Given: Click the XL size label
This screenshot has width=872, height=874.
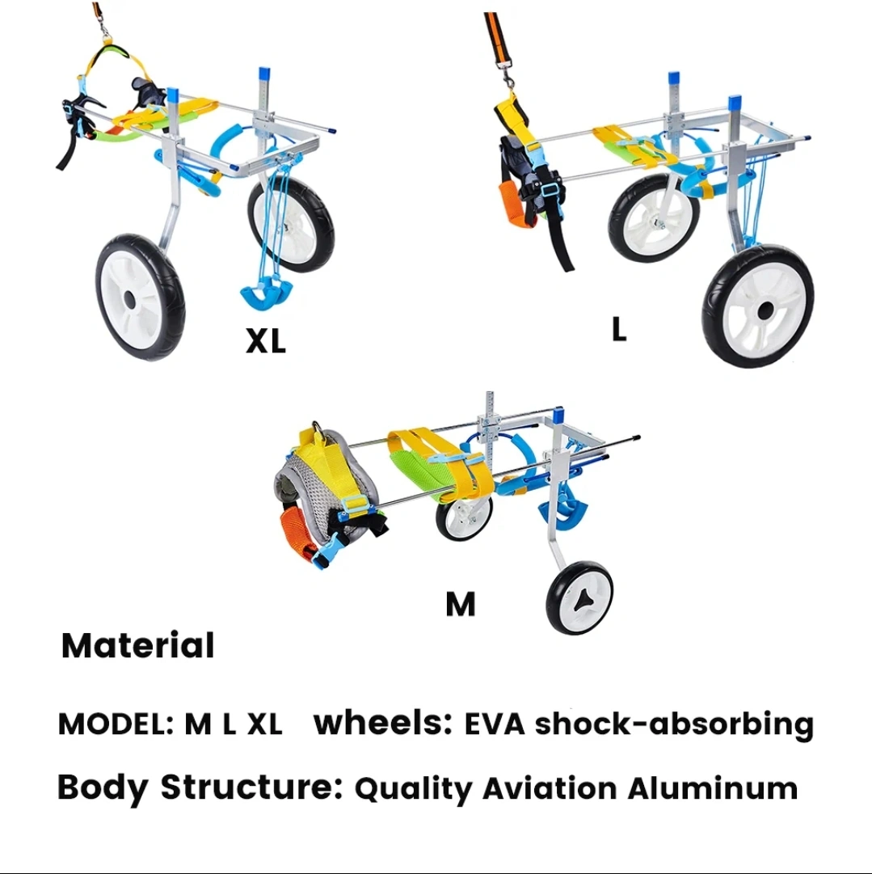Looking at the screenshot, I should (x=266, y=341).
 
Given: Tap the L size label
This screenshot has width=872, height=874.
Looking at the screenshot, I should (x=619, y=329).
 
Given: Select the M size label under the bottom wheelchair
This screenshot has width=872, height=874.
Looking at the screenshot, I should (x=460, y=604).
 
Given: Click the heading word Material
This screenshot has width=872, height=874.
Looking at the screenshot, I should (x=138, y=646).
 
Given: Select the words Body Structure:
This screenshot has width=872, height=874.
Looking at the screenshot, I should (x=200, y=787).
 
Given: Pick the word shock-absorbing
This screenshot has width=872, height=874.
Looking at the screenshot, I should (x=674, y=724).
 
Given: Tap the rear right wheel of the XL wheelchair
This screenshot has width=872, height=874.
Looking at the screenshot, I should (x=291, y=224).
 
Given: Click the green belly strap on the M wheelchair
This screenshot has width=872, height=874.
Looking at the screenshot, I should (x=420, y=474).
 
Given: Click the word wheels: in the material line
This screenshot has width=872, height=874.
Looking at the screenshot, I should (x=382, y=724).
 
